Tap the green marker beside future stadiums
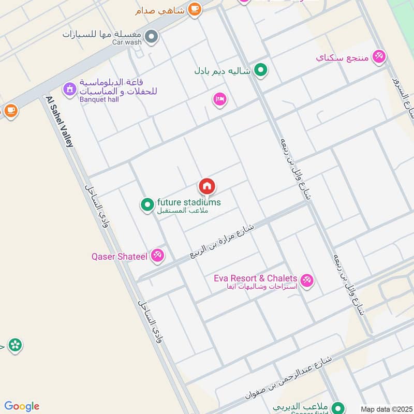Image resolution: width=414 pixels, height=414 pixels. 147,205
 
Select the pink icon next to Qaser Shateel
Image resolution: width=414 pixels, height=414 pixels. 158,255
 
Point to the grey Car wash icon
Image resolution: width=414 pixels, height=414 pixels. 151,36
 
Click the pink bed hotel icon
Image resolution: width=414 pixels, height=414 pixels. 219,99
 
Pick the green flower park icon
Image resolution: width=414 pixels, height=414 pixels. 15,345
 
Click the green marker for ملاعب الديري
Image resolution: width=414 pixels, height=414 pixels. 338,407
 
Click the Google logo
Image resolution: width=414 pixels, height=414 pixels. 22,406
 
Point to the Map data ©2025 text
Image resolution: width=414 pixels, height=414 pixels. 386,409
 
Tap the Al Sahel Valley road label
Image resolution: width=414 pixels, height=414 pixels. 60,122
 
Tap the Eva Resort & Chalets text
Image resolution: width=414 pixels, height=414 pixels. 256,278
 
